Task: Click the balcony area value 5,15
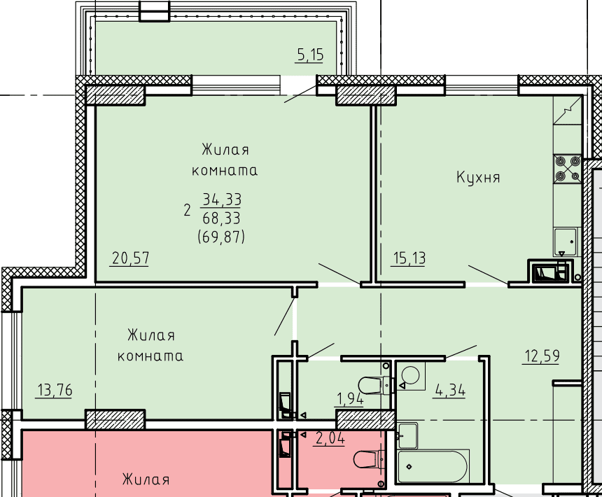point(311,55)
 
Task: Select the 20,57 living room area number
point(130,258)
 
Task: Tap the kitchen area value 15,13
point(409,258)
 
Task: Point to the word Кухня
point(478,177)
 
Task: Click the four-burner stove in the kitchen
point(568,169)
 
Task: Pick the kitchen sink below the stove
point(566,241)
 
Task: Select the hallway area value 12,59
point(542,356)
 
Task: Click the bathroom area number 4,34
point(449,391)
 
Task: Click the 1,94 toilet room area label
point(349,399)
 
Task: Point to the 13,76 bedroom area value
point(55,391)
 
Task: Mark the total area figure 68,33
point(221,218)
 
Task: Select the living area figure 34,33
point(221,199)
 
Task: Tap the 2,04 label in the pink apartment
point(330,438)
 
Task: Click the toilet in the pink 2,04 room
point(370,459)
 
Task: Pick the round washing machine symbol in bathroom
point(411,375)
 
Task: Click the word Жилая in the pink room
point(146,479)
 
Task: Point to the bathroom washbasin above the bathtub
point(408,435)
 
